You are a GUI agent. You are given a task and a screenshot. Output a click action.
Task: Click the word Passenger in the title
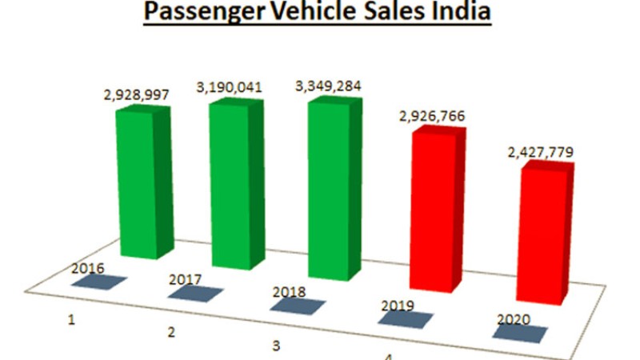(x=205, y=11)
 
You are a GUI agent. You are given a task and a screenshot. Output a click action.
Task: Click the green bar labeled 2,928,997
(x=145, y=182)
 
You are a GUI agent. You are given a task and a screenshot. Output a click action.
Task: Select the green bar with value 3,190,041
(x=237, y=184)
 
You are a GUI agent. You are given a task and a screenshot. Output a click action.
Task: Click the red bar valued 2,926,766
(x=438, y=209)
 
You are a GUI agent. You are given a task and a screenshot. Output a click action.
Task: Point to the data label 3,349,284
(x=328, y=86)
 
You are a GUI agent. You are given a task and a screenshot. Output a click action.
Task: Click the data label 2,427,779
(x=541, y=153)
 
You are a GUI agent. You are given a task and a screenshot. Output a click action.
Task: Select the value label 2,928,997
(x=136, y=95)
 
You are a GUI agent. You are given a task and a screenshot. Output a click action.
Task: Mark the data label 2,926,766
(x=432, y=117)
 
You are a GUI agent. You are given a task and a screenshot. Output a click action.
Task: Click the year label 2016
(x=88, y=269)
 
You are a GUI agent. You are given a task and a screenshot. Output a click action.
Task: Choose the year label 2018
(x=289, y=292)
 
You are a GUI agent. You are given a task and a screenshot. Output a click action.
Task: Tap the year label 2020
(x=514, y=319)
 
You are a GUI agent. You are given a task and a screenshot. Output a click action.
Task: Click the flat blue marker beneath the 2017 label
(x=195, y=293)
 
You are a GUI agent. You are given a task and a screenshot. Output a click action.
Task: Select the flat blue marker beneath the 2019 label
(x=406, y=319)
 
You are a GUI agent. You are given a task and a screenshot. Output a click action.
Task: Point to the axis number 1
(x=71, y=320)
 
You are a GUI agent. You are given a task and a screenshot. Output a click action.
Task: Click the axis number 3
(x=276, y=346)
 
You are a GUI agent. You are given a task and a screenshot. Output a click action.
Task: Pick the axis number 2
(x=171, y=332)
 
